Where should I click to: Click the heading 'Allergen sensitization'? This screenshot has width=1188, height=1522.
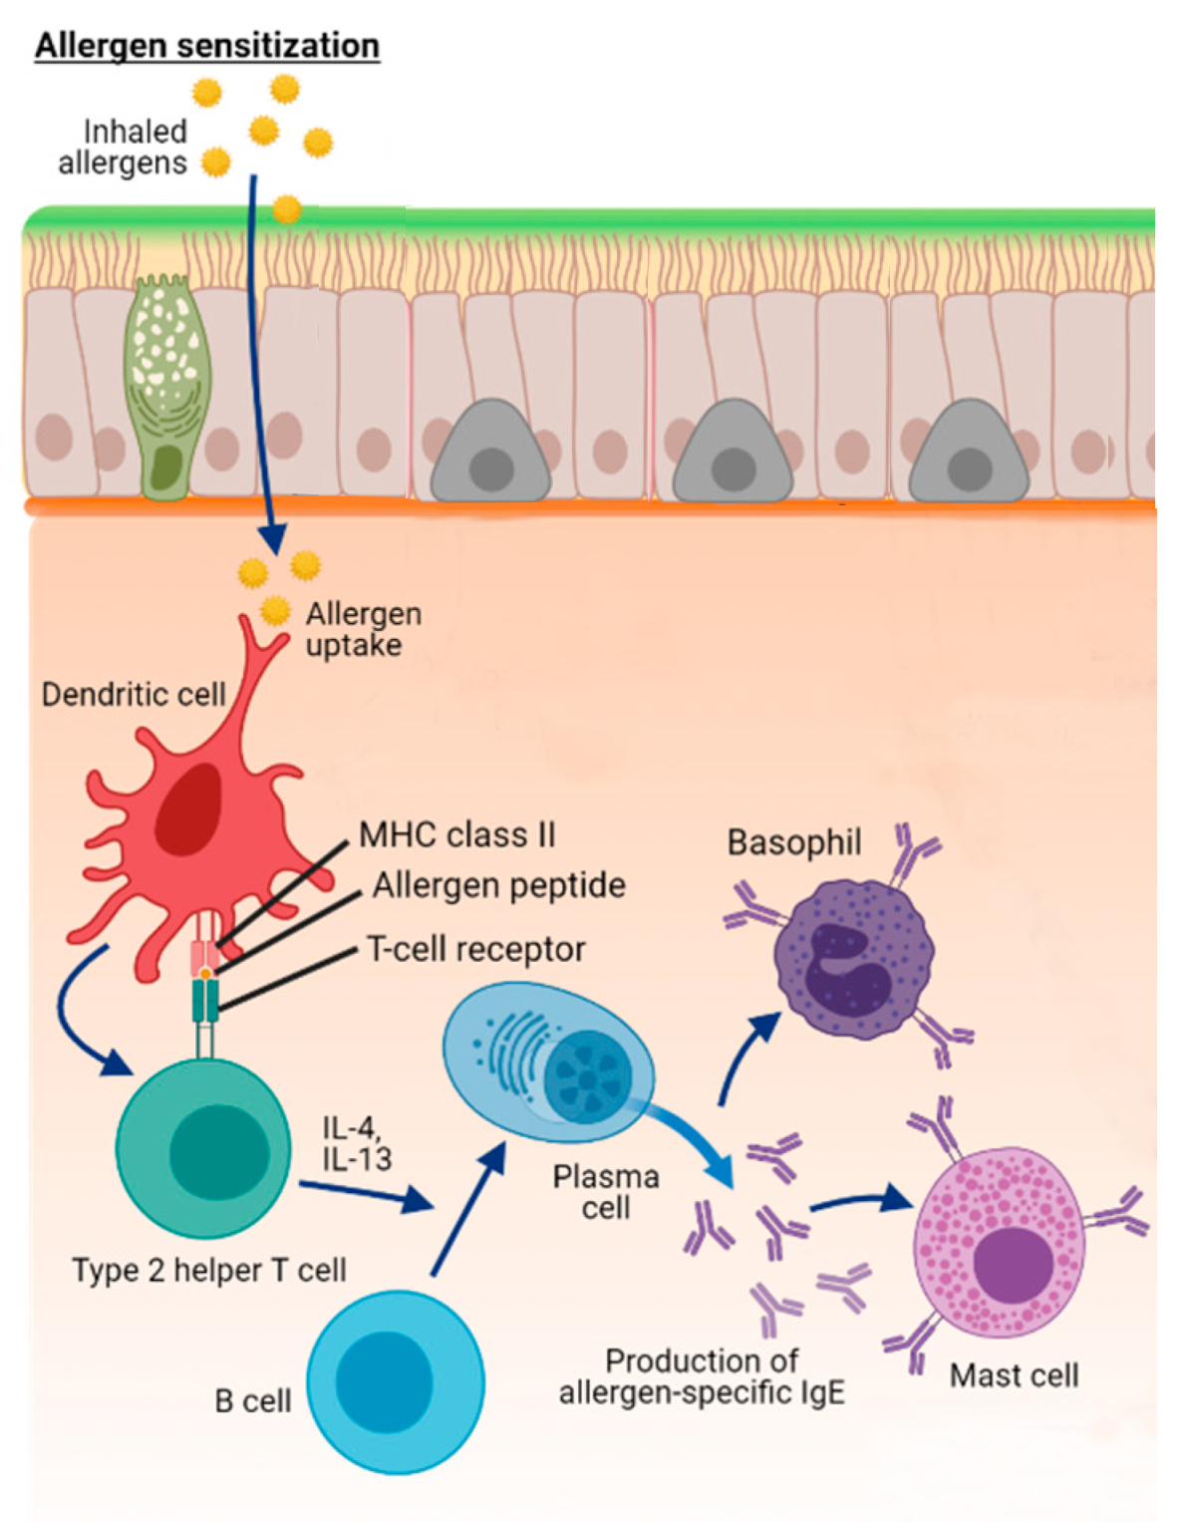(207, 46)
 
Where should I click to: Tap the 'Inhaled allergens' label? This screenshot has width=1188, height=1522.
(124, 148)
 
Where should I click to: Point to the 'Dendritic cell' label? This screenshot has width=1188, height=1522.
(134, 695)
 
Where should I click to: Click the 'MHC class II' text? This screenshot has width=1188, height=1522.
(456, 834)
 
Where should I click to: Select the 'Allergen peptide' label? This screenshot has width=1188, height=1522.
(498, 885)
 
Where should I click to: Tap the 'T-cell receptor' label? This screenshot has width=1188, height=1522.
(475, 949)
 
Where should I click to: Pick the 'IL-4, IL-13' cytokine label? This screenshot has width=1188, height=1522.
(357, 1143)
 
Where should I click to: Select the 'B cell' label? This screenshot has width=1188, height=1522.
(253, 1400)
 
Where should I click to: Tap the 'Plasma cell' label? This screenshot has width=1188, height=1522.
(606, 1192)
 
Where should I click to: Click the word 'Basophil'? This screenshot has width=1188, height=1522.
(794, 842)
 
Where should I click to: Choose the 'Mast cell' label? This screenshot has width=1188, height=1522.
(1014, 1375)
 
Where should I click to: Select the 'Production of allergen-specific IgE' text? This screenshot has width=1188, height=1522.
(702, 1376)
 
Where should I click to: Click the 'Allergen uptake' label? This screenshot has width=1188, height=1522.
(363, 629)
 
